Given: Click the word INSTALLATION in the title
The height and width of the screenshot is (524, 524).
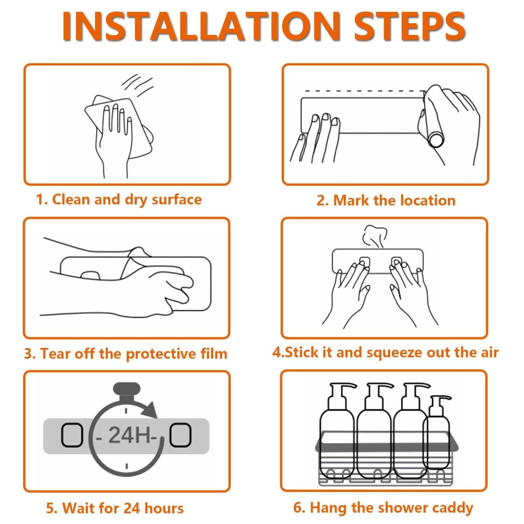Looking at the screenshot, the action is pos(201,26).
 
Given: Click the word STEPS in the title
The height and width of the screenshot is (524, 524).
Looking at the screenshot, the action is pos(409,26).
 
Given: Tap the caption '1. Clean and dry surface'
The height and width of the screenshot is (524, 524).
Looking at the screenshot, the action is pos(119,200).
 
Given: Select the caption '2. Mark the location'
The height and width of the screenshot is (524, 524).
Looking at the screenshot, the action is pos(386,201).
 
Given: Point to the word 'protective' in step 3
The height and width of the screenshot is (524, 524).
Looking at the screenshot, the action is pos(161,354).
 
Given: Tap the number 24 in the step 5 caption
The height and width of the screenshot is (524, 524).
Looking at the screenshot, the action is pos(132,508).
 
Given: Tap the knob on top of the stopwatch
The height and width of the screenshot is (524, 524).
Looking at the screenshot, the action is pos(127,389).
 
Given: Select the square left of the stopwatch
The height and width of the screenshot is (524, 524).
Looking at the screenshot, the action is pos(72,435).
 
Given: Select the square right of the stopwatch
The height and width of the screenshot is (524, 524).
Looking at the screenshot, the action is pos(180,435).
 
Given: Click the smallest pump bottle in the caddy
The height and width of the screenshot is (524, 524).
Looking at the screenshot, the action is pos(437,434).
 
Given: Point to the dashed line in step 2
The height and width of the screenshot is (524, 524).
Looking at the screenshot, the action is pos(364,91).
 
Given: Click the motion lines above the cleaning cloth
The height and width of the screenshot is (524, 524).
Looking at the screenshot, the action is pos(138,84).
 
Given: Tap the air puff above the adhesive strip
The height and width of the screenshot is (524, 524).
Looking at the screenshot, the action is pos(375,236).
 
